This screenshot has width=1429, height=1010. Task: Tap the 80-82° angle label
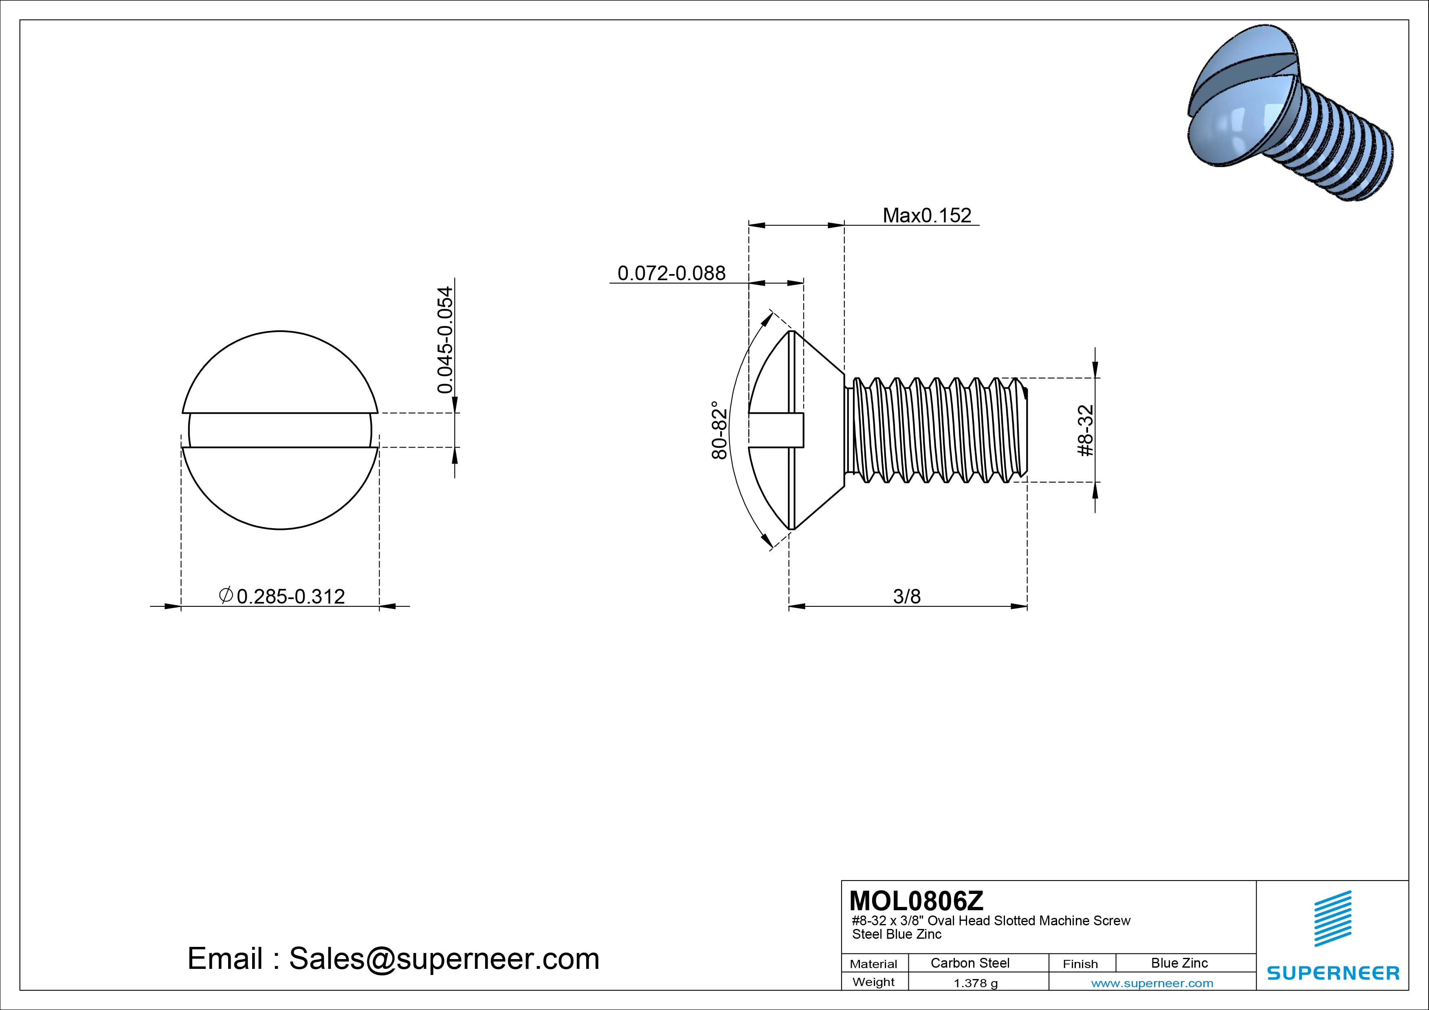(719, 430)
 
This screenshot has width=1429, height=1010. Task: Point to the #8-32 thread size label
(1085, 430)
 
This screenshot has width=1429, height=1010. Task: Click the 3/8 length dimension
(906, 596)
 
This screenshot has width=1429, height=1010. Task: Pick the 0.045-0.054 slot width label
(445, 340)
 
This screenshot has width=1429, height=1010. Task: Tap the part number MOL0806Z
(916, 900)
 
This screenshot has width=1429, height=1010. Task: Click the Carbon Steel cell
(970, 963)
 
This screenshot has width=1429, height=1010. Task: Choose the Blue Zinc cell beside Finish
(1179, 963)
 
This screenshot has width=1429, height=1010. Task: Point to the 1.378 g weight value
(975, 983)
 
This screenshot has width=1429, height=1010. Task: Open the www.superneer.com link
(1152, 983)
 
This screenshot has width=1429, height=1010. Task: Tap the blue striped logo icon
(1332, 918)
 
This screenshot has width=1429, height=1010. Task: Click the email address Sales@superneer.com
(444, 958)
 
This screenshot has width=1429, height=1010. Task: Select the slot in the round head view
(280, 430)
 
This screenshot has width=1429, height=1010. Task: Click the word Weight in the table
(873, 982)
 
